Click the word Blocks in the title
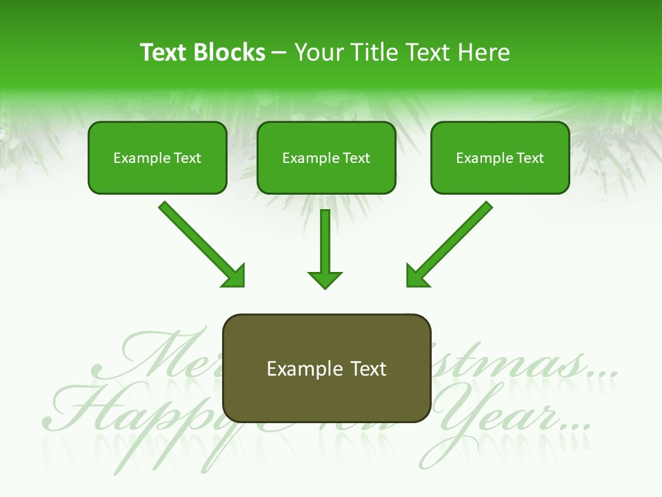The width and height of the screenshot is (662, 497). [229, 52]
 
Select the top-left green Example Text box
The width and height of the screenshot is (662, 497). [157, 158]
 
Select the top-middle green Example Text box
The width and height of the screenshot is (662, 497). [326, 158]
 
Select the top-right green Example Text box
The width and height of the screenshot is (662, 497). [500, 158]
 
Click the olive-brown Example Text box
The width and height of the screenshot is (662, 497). [326, 369]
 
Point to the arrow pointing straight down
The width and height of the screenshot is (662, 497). [325, 245]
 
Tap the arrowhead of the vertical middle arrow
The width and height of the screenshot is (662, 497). [325, 279]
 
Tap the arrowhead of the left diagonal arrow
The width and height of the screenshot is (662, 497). [234, 277]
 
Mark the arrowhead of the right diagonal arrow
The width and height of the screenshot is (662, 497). [417, 277]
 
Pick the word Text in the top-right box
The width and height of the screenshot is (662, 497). [530, 158]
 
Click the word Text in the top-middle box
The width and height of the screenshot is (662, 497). [356, 158]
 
